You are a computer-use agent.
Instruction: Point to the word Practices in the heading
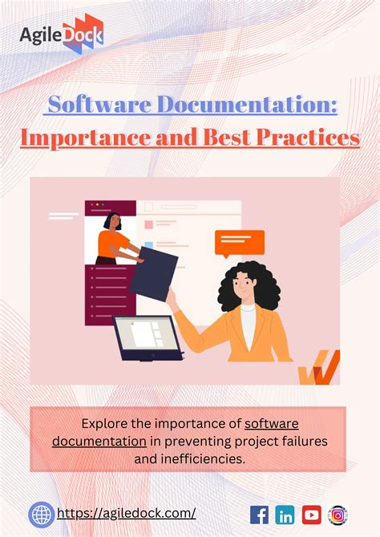(x=308, y=137)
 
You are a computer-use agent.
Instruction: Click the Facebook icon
(x=260, y=515)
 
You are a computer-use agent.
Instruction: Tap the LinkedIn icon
(x=285, y=515)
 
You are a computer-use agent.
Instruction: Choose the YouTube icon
(x=311, y=515)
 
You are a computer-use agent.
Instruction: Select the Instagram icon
(x=338, y=515)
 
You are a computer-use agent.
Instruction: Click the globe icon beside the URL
(x=42, y=515)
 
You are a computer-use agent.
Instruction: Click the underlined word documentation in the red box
(x=99, y=441)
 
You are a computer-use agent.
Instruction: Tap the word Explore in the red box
(x=104, y=422)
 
